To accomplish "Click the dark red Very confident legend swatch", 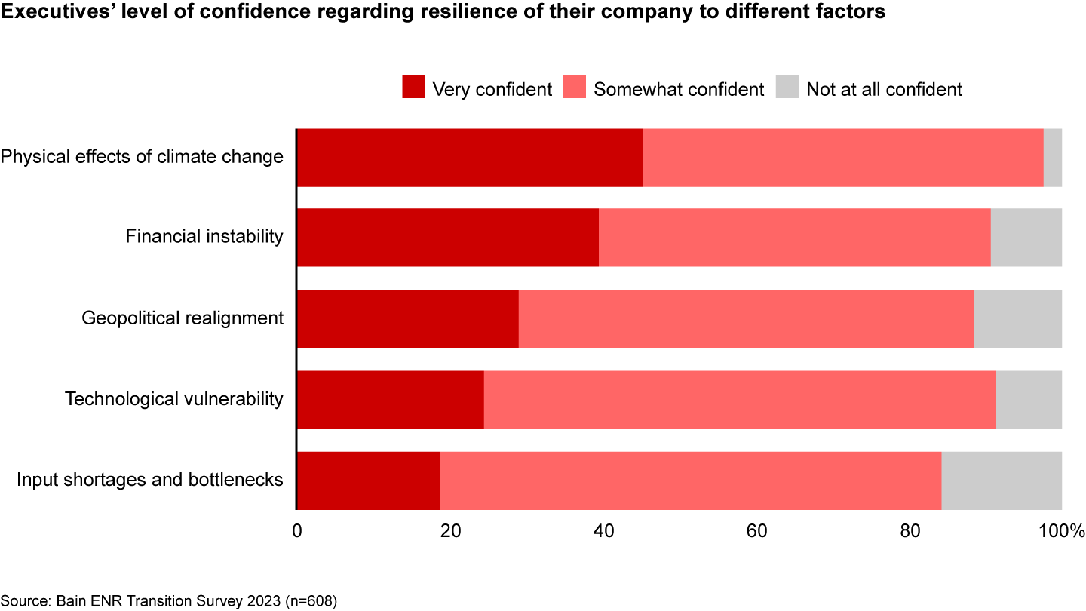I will (x=413, y=88).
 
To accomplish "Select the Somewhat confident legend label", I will (x=679, y=89).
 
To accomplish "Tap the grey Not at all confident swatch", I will (x=787, y=88).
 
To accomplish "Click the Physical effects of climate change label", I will (x=142, y=157).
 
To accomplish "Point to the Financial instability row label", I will (x=204, y=237).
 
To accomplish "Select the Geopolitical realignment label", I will (x=183, y=318).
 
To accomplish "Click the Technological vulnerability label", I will (x=174, y=398).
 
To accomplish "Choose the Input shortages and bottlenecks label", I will (x=150, y=479).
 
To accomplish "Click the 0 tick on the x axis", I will (x=297, y=530).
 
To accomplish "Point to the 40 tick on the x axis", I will (x=603, y=530).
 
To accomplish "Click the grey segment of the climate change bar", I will (x=1053, y=158).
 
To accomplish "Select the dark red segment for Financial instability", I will (x=447, y=238).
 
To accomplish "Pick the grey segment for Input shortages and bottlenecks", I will (x=1002, y=481).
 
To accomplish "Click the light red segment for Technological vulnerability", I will (x=739, y=400).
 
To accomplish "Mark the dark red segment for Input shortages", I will (x=368, y=481).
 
